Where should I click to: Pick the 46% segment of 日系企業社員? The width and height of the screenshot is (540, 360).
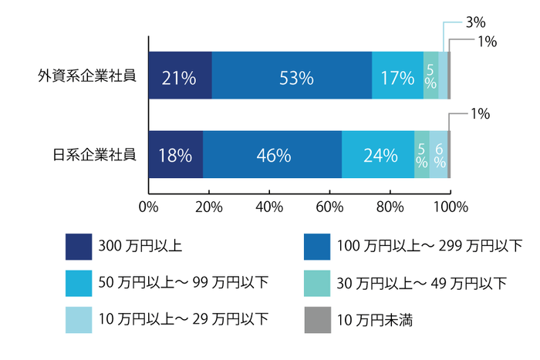point(272,155)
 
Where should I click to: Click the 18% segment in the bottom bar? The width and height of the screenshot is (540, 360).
point(175,155)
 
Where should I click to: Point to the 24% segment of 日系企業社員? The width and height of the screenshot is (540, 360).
point(378,155)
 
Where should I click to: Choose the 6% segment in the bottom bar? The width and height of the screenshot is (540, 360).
point(439,155)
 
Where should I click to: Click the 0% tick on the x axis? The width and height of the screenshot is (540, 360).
point(148,206)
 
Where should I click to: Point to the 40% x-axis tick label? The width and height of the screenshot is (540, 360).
point(269,206)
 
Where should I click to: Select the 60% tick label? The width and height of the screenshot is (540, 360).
point(329,206)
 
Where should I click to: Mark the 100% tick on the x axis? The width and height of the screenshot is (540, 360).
point(450,206)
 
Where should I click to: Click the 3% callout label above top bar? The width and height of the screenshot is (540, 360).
point(477,24)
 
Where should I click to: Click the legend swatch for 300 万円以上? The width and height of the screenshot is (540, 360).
point(79,247)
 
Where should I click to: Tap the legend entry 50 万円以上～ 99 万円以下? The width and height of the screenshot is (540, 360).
point(184,283)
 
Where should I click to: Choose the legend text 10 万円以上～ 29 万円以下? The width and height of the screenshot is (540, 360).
point(184,319)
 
